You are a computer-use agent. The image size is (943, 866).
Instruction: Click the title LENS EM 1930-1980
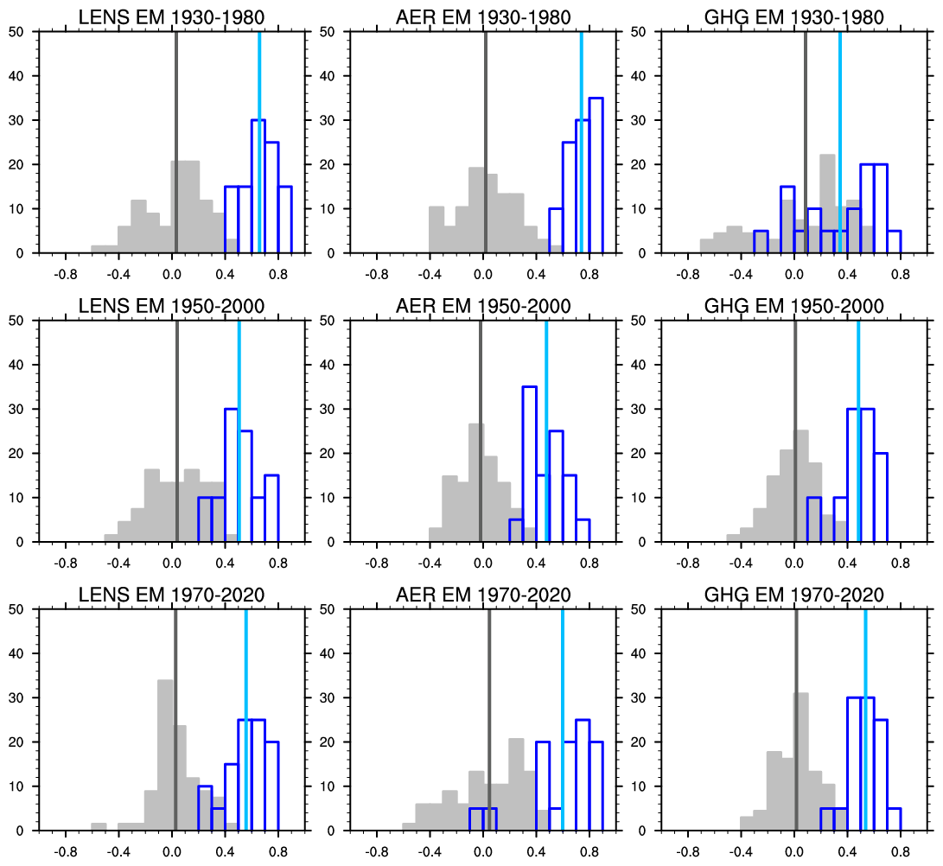(171, 17)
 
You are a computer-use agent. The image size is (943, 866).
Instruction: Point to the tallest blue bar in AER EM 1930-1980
(596, 173)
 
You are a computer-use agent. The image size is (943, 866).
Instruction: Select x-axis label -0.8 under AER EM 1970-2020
(378, 852)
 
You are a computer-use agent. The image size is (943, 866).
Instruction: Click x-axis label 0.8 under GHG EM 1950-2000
(901, 564)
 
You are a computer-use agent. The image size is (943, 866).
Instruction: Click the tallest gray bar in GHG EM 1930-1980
(827, 203)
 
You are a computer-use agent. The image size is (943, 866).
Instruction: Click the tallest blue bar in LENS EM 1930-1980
(258, 186)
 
